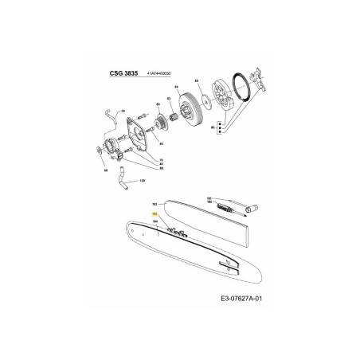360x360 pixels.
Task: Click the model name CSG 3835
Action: [x=123, y=72]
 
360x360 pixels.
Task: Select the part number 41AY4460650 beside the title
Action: [x=162, y=73]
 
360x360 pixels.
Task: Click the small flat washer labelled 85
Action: [x=207, y=100]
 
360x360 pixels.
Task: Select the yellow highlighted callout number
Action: [x=155, y=214]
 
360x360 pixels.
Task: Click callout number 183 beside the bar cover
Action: [x=155, y=203]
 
